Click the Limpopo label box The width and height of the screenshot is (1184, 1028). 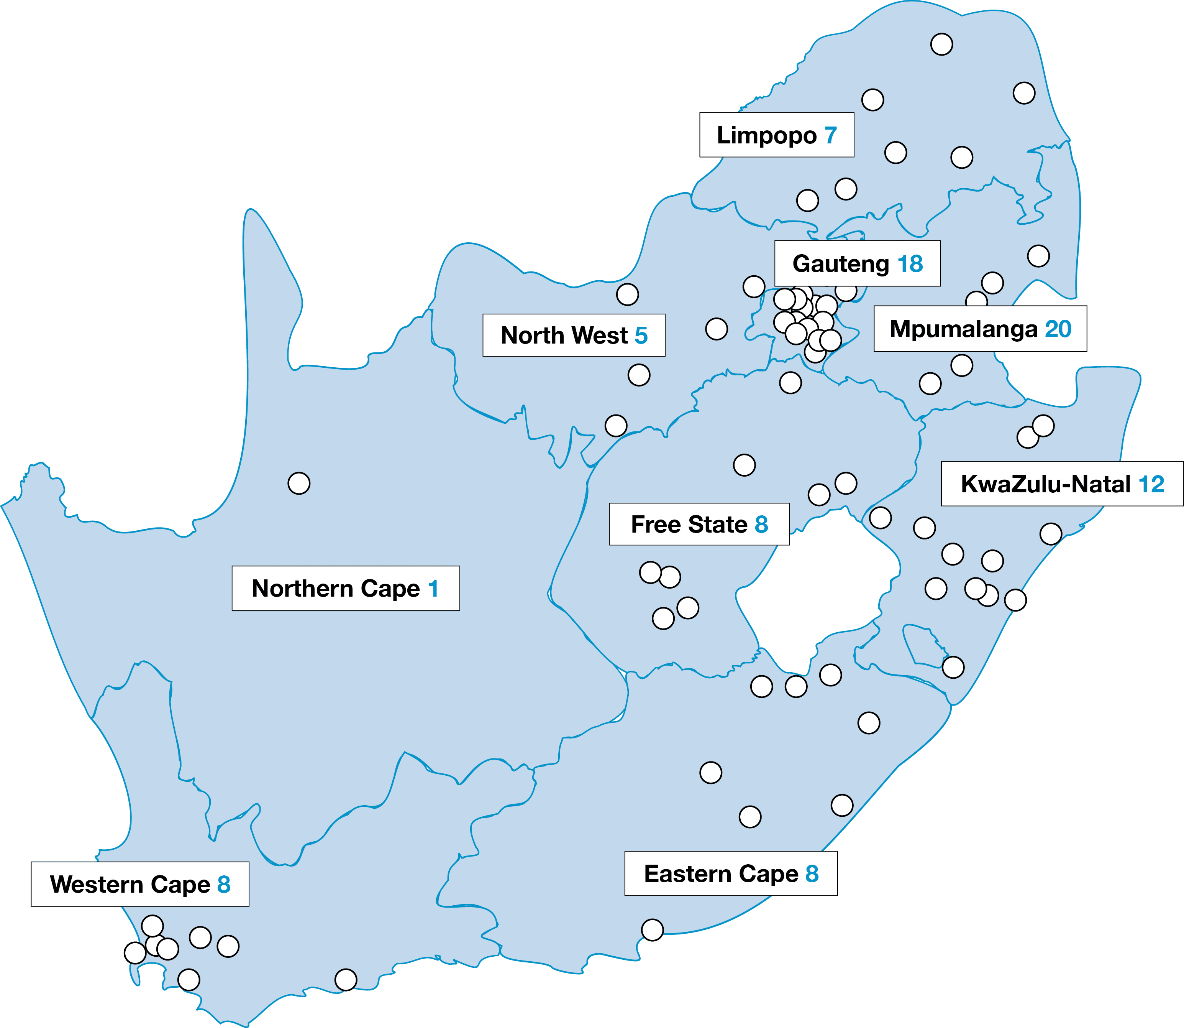pyautogui.click(x=776, y=135)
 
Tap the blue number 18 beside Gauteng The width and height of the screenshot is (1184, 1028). pyautogui.click(x=910, y=264)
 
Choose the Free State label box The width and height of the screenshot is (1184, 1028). pyautogui.click(x=699, y=524)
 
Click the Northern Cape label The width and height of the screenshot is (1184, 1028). pyautogui.click(x=345, y=589)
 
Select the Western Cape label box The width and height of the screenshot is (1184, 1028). pyautogui.click(x=140, y=884)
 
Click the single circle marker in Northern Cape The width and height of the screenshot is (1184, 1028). pyautogui.click(x=299, y=483)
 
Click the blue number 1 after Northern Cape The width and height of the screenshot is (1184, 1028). pyautogui.click(x=433, y=589)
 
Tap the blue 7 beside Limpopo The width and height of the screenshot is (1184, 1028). pyautogui.click(x=831, y=135)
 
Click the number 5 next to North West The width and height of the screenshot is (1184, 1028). pyautogui.click(x=641, y=336)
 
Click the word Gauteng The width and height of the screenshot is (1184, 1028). pyautogui.click(x=841, y=264)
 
